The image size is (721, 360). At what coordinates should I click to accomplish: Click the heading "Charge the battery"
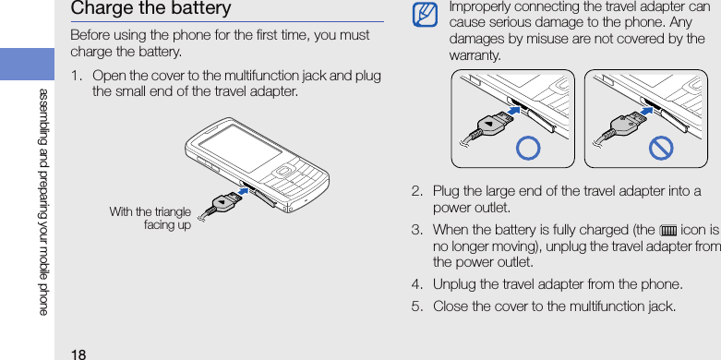pyautogui.click(x=150, y=8)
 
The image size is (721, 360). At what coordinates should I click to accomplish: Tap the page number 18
pyautogui.click(x=78, y=354)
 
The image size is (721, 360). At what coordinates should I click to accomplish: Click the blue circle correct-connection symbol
pyautogui.click(x=528, y=148)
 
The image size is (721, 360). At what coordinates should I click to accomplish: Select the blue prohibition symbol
pyautogui.click(x=661, y=148)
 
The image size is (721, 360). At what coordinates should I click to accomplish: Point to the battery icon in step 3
pyautogui.click(x=667, y=229)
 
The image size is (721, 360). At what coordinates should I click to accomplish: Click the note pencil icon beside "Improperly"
pyautogui.click(x=425, y=15)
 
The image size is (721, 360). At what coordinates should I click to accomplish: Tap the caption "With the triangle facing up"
pyautogui.click(x=150, y=219)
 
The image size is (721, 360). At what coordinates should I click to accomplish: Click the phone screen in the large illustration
pyautogui.click(x=240, y=149)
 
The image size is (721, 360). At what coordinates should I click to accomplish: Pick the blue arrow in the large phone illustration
pyautogui.click(x=246, y=189)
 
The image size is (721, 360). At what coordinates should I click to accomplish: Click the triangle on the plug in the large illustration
pyautogui.click(x=222, y=202)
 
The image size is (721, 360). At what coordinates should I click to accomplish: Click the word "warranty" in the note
pyautogui.click(x=475, y=56)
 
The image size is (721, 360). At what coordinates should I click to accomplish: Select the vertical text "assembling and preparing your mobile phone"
pyautogui.click(x=42, y=201)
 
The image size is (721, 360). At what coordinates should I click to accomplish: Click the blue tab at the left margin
pyautogui.click(x=27, y=64)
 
